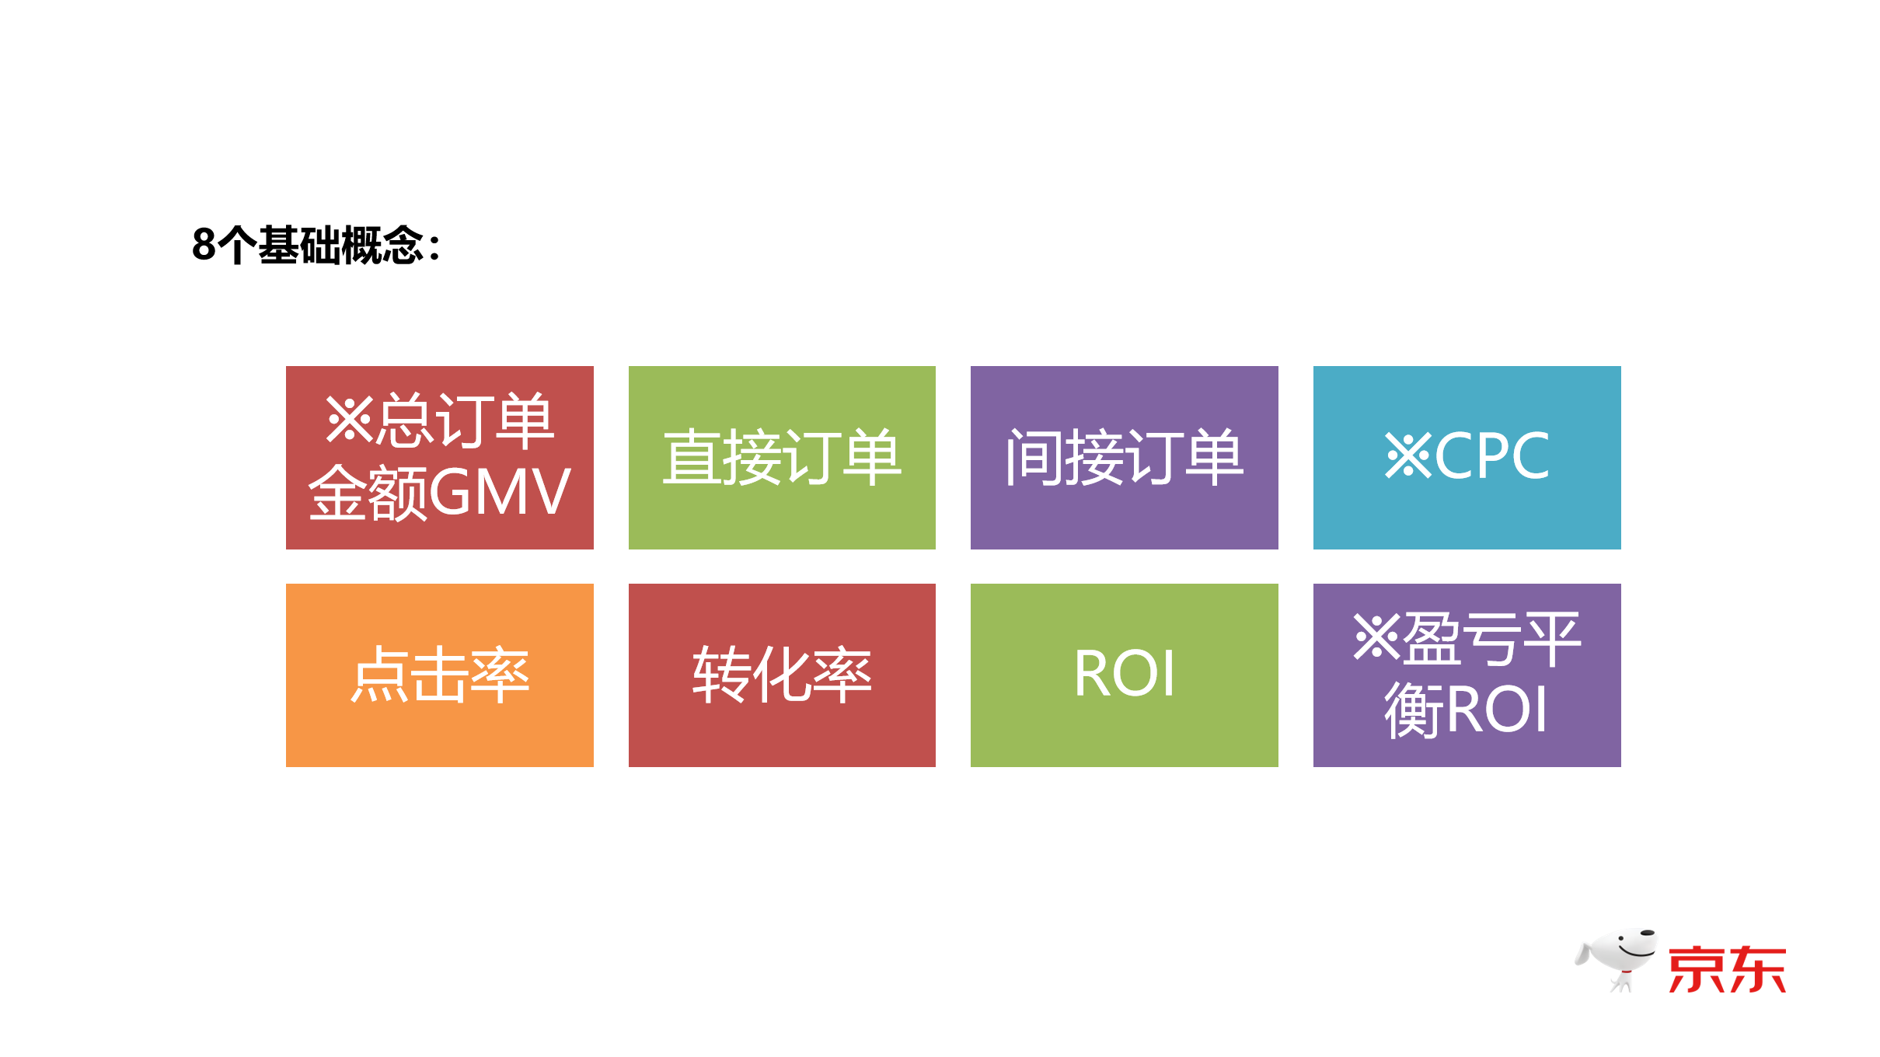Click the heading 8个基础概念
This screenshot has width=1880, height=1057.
point(315,246)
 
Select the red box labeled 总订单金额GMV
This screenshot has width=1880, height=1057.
point(439,457)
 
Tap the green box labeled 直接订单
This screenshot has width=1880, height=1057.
point(782,457)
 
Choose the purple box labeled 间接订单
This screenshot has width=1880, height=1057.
point(1124,457)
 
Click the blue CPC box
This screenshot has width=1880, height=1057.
point(1467,457)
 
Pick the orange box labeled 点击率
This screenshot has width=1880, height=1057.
point(439,675)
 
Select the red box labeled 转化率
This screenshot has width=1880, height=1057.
point(782,675)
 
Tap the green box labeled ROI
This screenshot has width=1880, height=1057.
point(1124,675)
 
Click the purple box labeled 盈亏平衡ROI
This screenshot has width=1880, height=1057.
point(1467,675)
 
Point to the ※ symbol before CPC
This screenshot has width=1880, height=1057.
point(1407,456)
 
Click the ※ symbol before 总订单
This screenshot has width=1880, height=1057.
point(349,420)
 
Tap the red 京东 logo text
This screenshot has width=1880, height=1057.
point(1727,969)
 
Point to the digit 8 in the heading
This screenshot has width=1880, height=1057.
point(204,246)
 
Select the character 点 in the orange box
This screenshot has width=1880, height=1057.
point(379,675)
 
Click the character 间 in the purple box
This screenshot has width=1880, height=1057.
point(1034,457)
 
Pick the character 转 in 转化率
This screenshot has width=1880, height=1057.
point(722,675)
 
